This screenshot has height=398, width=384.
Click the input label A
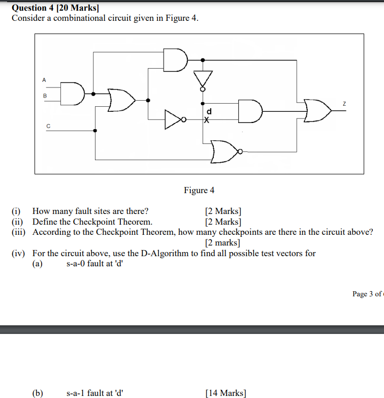44,80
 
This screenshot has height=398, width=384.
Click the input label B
45,96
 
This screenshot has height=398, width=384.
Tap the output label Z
344,103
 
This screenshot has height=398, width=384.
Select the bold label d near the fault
208,111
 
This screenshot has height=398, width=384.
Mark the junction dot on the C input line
95,131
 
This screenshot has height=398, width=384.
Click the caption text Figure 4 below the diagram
199,190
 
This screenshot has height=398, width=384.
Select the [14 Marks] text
226,393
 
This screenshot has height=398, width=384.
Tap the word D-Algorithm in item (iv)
169,253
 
